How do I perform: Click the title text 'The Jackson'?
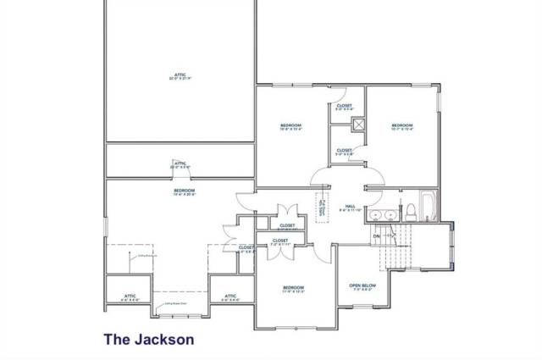pyautogui.click(x=149, y=338)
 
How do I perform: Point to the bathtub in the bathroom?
pyautogui.click(x=428, y=206)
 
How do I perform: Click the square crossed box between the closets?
pyautogui.click(x=359, y=125)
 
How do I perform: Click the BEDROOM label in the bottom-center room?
pyautogui.click(x=293, y=288)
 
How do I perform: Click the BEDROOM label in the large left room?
pyautogui.click(x=185, y=191)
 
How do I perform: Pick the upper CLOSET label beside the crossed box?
pyautogui.click(x=344, y=106)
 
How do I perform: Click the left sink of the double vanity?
pyautogui.click(x=378, y=214)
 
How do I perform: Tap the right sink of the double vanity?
pyautogui.click(x=391, y=214)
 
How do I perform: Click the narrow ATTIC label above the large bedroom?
pyautogui.click(x=179, y=163)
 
